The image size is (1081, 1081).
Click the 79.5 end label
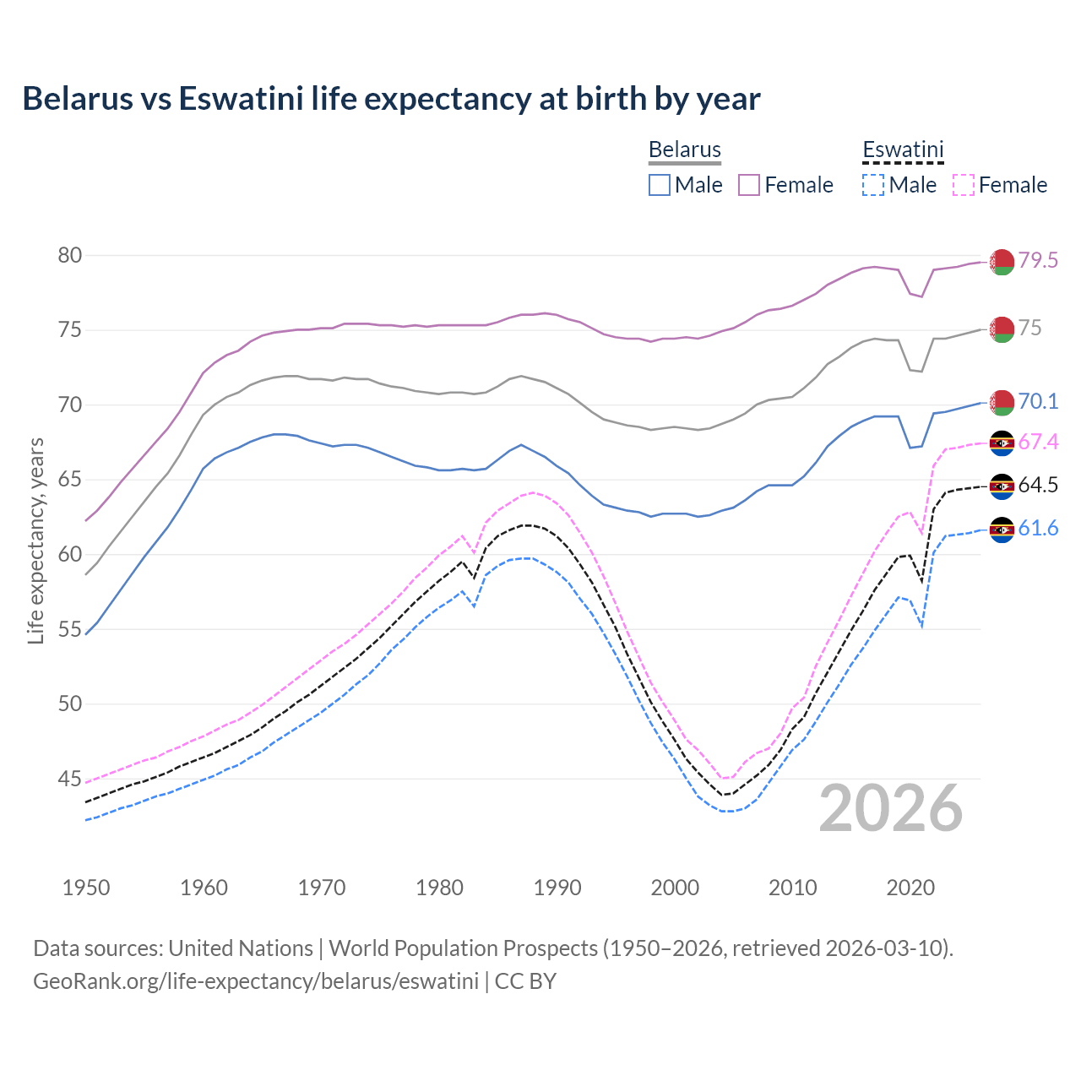(1038, 260)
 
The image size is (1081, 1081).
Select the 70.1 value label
(1038, 401)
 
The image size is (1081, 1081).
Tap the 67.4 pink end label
(1038, 442)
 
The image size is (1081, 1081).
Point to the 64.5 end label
(1038, 485)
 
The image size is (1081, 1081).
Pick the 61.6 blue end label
(1038, 528)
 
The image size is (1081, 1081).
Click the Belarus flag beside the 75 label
(1002, 329)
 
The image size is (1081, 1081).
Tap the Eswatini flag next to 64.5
(1002, 486)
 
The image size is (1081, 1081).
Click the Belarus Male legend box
(660, 185)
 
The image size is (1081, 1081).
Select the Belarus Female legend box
(749, 185)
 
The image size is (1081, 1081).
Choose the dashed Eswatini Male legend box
(873, 185)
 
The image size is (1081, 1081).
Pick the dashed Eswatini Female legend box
(963, 185)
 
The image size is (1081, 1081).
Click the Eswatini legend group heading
(903, 150)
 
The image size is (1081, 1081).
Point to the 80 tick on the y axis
(69, 255)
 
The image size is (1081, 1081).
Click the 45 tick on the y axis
(69, 779)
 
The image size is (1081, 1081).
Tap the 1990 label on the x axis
(557, 888)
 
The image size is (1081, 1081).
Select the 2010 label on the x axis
(792, 888)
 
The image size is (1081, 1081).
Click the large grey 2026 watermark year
(890, 808)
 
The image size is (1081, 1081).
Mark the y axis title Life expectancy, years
(35, 540)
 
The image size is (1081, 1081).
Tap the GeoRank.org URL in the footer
(255, 981)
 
